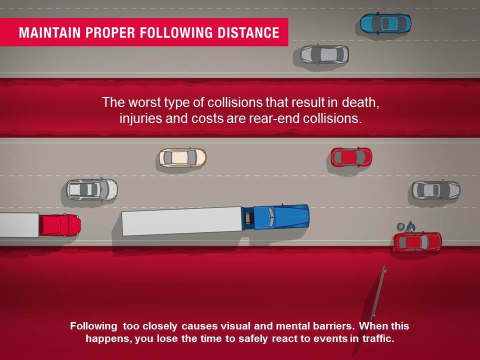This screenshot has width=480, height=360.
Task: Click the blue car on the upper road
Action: coord(385,22)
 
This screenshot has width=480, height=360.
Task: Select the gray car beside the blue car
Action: coord(324,54)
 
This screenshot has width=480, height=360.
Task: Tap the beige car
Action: coord(182,157)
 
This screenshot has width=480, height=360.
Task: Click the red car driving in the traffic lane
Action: coord(351,157)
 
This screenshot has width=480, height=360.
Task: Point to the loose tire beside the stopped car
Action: coord(399,226)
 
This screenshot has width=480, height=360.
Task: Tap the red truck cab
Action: coord(59,224)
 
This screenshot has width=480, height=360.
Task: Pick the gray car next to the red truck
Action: coord(92,189)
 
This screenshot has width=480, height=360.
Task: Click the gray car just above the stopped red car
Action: coord(435,190)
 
